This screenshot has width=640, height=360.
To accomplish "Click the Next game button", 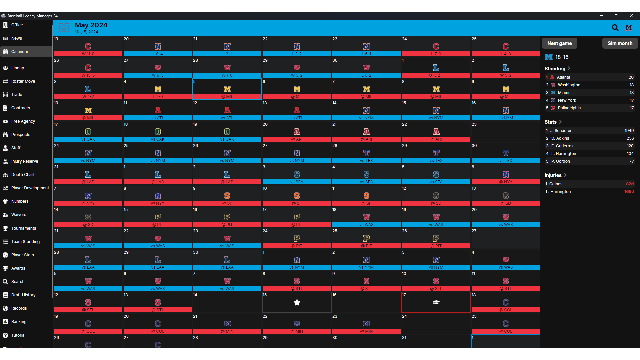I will point(559,43).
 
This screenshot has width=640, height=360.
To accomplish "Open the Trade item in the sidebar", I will point(17,95).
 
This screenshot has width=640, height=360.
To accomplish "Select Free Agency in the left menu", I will point(23,121).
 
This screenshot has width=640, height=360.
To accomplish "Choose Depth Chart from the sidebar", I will point(23,175).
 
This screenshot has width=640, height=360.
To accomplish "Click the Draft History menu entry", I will point(23,295).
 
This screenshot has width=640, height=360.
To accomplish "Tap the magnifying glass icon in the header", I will point(615,28).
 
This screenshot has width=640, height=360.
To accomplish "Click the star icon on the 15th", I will point(297,302).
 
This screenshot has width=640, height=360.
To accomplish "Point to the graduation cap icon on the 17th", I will point(436,302).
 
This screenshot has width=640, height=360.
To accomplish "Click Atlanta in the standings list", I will point(563,77).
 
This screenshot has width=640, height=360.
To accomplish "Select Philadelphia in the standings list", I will point(569,108).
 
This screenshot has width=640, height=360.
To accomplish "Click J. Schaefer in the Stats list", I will point(561,131).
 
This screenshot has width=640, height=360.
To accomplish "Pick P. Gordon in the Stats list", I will point(560,161).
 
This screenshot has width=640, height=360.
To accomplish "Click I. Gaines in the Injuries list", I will point(554,184).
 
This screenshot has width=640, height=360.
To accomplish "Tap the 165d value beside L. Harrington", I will point(629,192).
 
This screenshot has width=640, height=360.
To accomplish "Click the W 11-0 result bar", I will point(88,54).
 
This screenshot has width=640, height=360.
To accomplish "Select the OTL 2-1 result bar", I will point(436,75).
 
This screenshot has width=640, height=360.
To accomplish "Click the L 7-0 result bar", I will point(436,54).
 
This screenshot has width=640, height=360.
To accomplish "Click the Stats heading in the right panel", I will point(551,122).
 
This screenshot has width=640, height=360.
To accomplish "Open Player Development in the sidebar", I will point(30,188).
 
